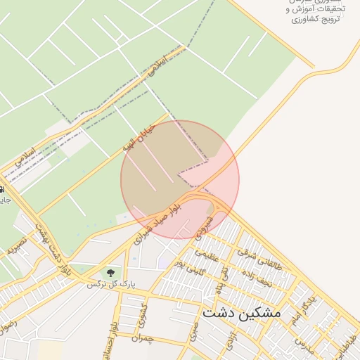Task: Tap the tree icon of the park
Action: (110, 272)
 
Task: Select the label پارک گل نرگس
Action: (110, 285)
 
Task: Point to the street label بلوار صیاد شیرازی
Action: (167, 215)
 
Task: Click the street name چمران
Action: (146, 338)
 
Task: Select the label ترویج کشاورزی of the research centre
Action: (316, 18)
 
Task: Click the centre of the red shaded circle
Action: (180, 179)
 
